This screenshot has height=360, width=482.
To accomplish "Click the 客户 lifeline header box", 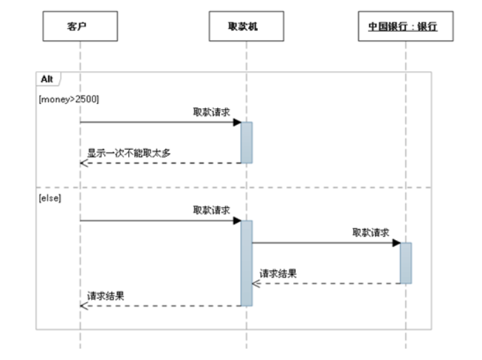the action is point(80,26).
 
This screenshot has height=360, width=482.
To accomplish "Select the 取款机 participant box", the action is point(246,26).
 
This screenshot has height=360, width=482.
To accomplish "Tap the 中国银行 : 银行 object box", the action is point(405,26).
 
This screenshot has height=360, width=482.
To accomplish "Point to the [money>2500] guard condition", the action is point(69,99).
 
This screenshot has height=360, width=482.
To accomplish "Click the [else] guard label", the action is point(50,198).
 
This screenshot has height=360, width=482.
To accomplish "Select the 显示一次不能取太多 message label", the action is point(129,153).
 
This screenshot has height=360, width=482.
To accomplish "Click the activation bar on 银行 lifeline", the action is point(405,263).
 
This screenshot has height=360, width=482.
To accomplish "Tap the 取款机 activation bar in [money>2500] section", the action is point(247,143).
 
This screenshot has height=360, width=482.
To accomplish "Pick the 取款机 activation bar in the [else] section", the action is point(247,263).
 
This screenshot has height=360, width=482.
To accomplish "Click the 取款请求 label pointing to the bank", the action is point(371,232).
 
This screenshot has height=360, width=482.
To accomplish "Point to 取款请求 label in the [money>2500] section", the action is point(212,112).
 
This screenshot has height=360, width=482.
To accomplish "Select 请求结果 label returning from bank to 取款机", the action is point(278,273).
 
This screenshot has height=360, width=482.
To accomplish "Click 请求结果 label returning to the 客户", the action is point(106,296).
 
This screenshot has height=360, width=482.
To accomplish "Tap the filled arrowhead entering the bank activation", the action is point(396,243).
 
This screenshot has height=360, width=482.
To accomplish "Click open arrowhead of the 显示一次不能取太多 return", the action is point(83,163).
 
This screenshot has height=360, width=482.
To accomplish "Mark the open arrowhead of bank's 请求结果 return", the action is point(256,283).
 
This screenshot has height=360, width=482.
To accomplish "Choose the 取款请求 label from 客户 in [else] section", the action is point(212,210).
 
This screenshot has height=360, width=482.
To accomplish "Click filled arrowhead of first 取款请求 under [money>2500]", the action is point(237,122).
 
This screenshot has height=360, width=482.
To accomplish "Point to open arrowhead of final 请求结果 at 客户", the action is point(83,306).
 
